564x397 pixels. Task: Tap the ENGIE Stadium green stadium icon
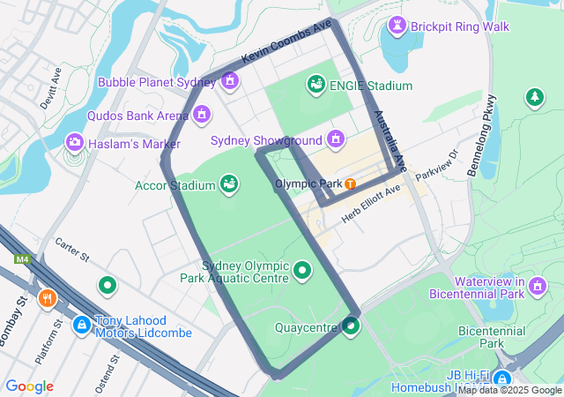[315, 85]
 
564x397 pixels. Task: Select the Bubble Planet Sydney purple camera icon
[230, 82]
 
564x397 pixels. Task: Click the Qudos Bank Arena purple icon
[203, 115]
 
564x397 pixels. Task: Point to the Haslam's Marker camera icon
[75, 142]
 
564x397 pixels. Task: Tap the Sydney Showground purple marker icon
[335, 139]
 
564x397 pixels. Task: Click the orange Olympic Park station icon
[351, 184]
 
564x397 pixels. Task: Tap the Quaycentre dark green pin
[352, 327]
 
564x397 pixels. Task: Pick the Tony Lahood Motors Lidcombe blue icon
[81, 325]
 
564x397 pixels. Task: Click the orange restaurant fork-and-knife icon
[48, 298]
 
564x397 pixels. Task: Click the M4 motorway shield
[21, 259]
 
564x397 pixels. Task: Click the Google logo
[29, 386]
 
